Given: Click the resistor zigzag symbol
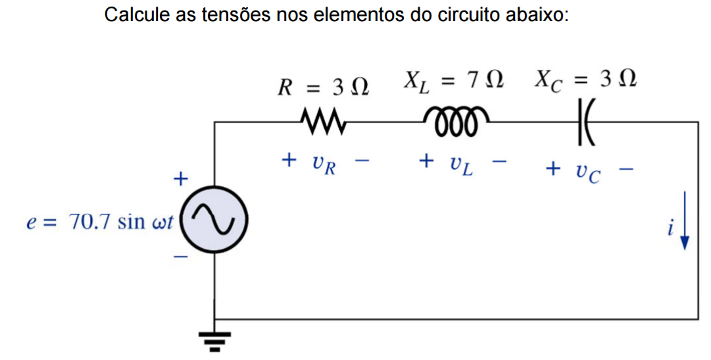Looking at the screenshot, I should click(322, 122).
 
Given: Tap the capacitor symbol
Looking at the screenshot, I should click(585, 122).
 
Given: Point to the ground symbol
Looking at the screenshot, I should click(214, 339).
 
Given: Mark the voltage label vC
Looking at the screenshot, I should click(587, 172).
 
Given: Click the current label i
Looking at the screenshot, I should click(670, 228).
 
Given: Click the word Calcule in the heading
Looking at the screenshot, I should click(137, 14).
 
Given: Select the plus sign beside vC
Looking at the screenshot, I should click(553, 169).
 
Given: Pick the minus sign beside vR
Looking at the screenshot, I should click(362, 160).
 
